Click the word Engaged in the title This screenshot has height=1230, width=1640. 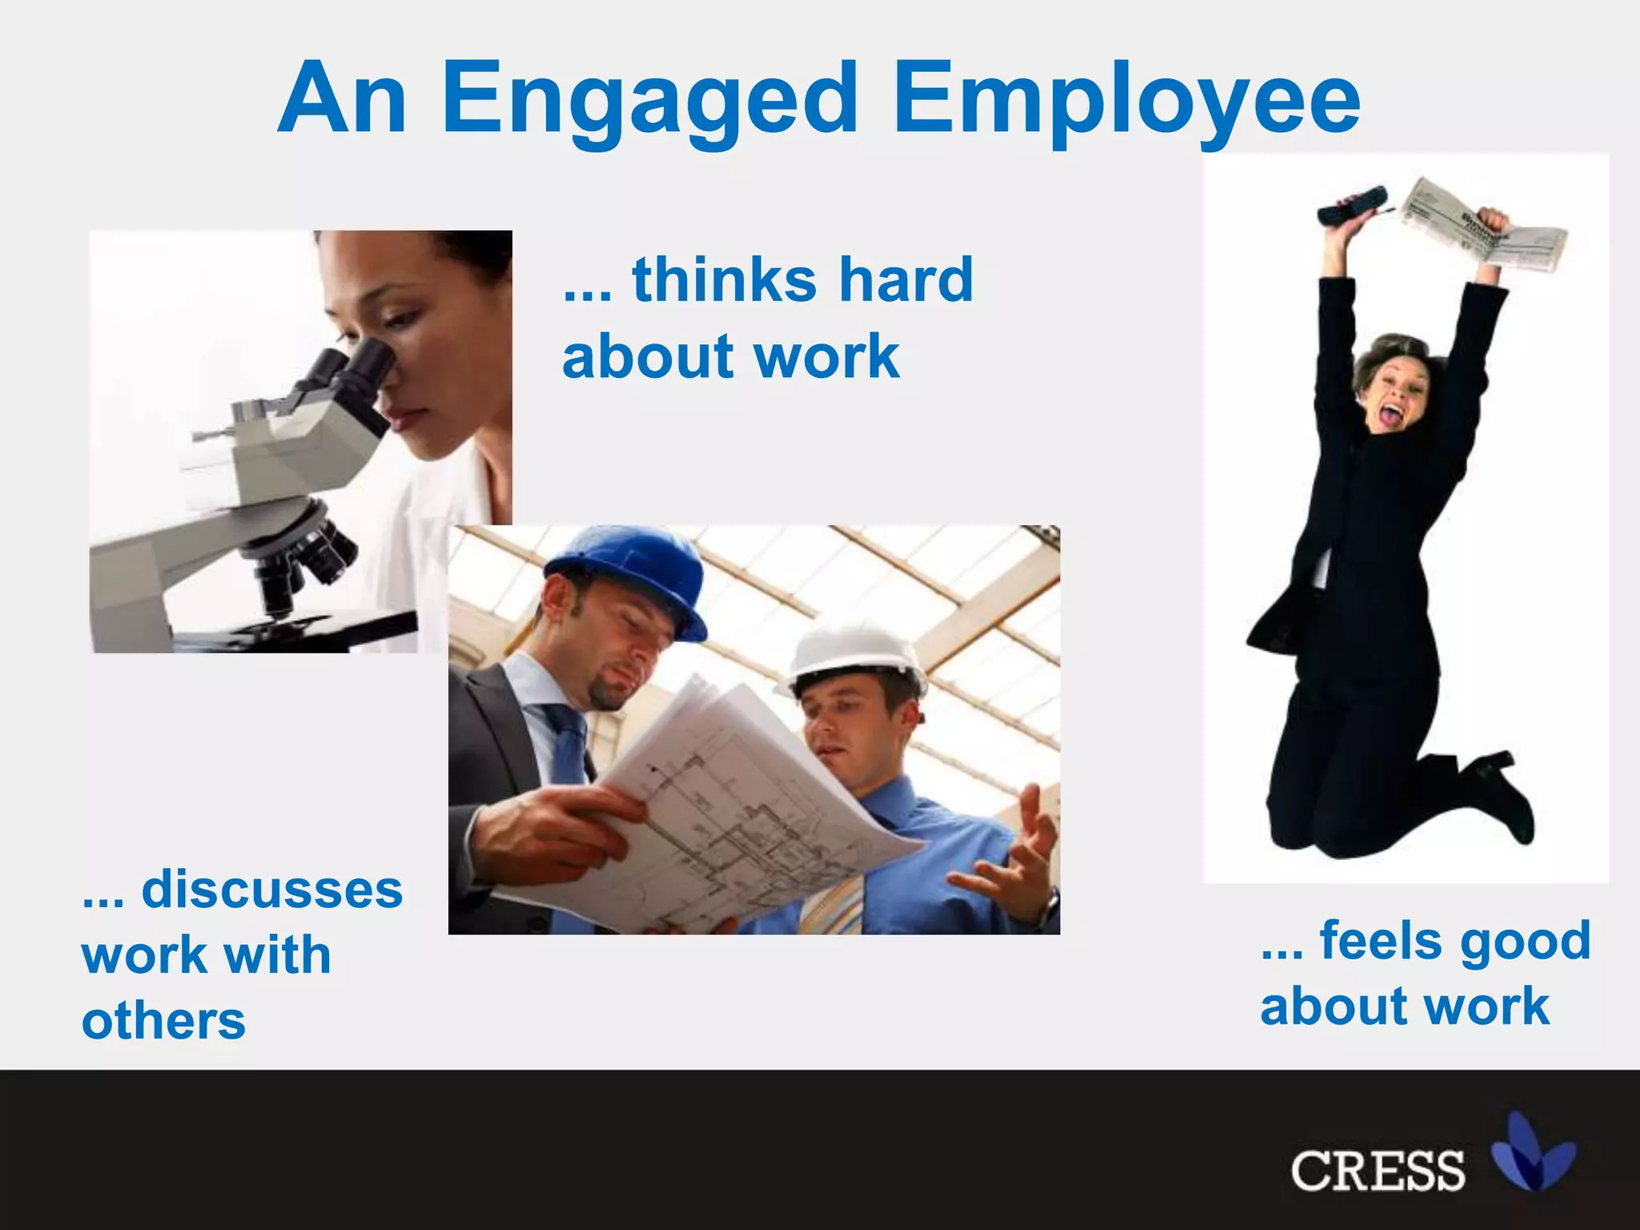coord(650,100)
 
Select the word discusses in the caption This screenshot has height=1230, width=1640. coord(271,890)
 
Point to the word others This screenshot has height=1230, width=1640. coord(163,1021)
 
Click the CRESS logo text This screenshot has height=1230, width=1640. coord(1377,1171)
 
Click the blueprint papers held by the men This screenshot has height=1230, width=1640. coord(721,809)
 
